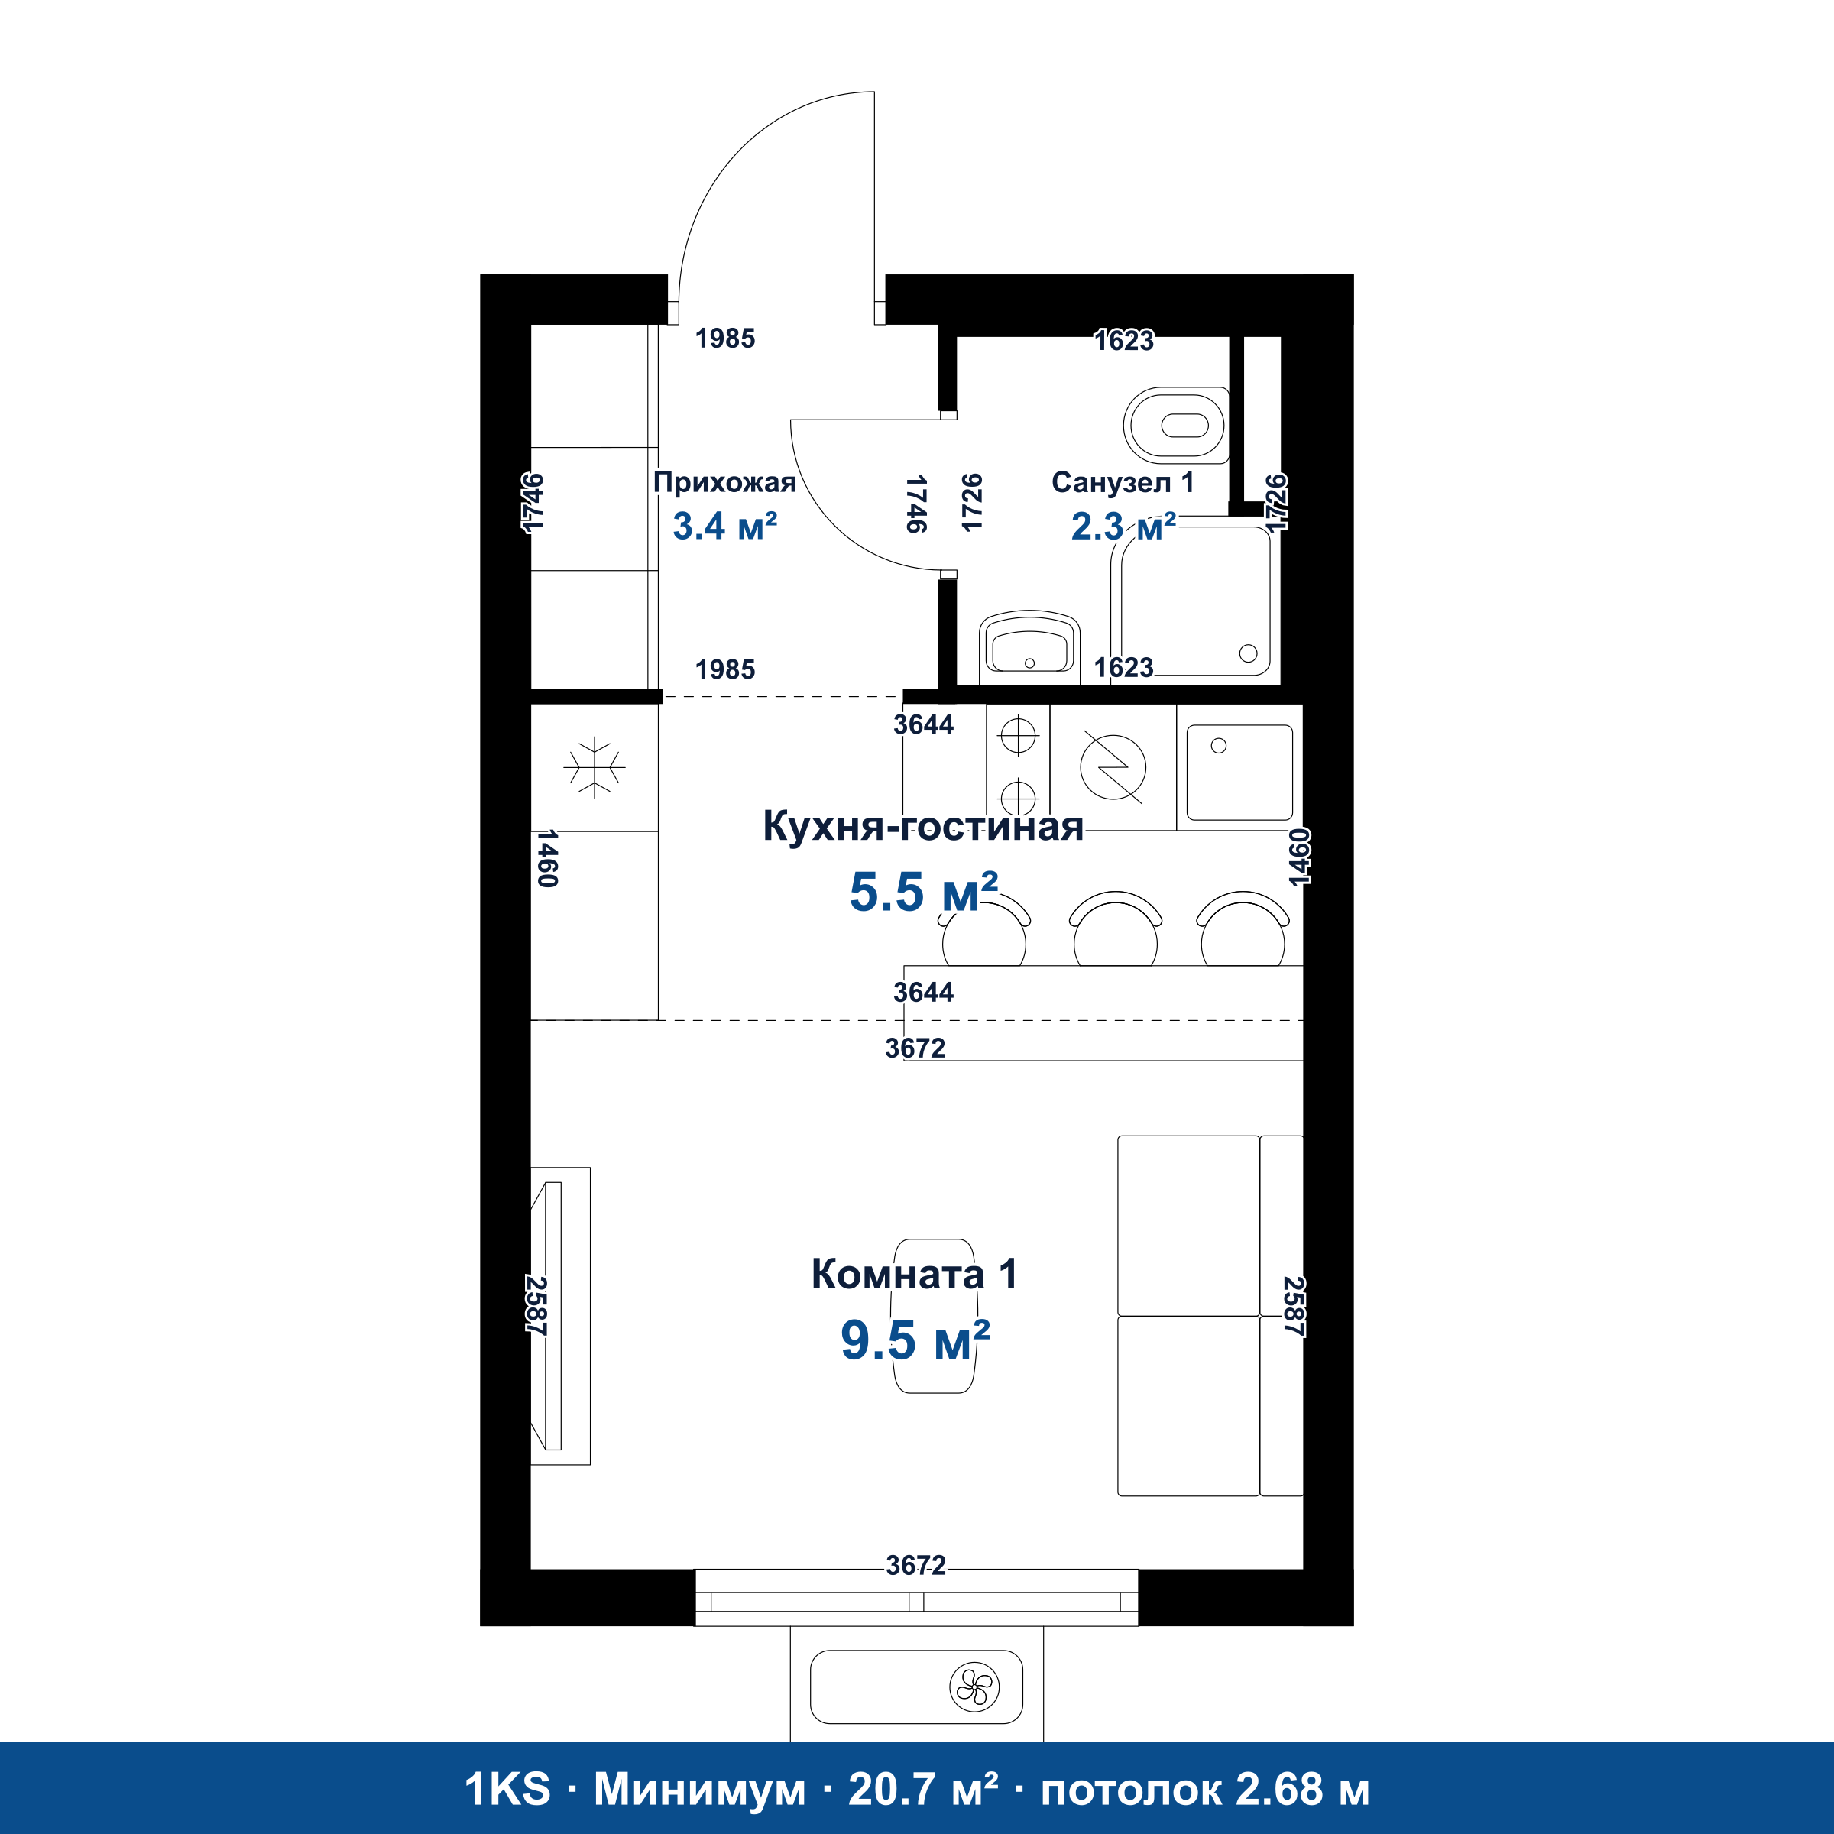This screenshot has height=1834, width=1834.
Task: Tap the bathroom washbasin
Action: (x=1029, y=647)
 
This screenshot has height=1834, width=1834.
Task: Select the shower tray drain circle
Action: (x=1249, y=653)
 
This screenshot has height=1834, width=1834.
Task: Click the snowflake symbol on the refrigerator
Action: (x=595, y=766)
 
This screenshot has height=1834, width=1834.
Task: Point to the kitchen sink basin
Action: (x=1239, y=773)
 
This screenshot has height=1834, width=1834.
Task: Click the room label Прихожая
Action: (x=724, y=483)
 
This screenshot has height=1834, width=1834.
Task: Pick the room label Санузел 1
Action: (x=1123, y=482)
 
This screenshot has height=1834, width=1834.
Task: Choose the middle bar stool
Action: (x=1116, y=929)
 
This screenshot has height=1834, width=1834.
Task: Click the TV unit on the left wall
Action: (x=560, y=1316)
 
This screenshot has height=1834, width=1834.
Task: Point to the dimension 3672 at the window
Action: (x=916, y=1565)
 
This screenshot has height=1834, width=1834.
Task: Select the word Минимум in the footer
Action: (x=700, y=1790)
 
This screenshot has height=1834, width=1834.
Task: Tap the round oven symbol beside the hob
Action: (x=1113, y=767)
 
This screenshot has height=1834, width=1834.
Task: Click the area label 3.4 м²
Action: (x=724, y=526)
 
